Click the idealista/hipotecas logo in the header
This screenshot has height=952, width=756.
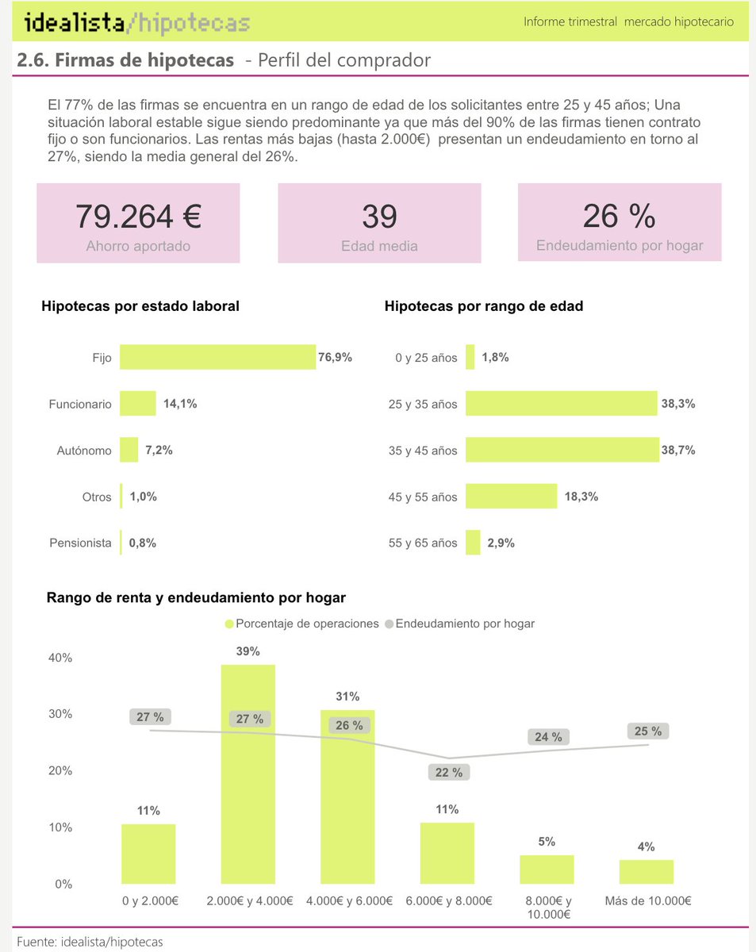tap(137, 23)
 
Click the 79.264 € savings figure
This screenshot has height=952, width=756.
tap(138, 216)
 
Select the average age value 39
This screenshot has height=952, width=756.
tap(379, 216)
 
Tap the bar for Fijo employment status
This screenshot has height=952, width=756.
tap(217, 357)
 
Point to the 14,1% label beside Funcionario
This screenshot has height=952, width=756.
tap(180, 404)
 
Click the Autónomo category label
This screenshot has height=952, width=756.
tap(84, 451)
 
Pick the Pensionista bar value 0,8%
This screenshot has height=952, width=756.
tap(143, 543)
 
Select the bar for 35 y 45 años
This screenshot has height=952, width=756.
tap(562, 450)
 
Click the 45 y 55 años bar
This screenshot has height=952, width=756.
tap(511, 497)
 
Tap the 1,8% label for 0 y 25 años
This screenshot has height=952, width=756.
tap(495, 357)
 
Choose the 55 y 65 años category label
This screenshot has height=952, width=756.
tap(423, 543)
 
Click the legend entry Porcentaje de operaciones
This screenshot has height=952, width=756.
tap(302, 624)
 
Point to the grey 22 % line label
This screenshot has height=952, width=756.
tap(449, 772)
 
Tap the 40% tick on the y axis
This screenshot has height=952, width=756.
tap(61, 658)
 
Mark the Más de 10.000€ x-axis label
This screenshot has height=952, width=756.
tap(647, 901)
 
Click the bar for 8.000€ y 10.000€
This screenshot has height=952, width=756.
tap(547, 869)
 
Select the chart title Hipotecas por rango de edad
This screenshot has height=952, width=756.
tap(484, 306)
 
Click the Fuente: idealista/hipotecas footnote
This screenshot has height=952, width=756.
tap(90, 942)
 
